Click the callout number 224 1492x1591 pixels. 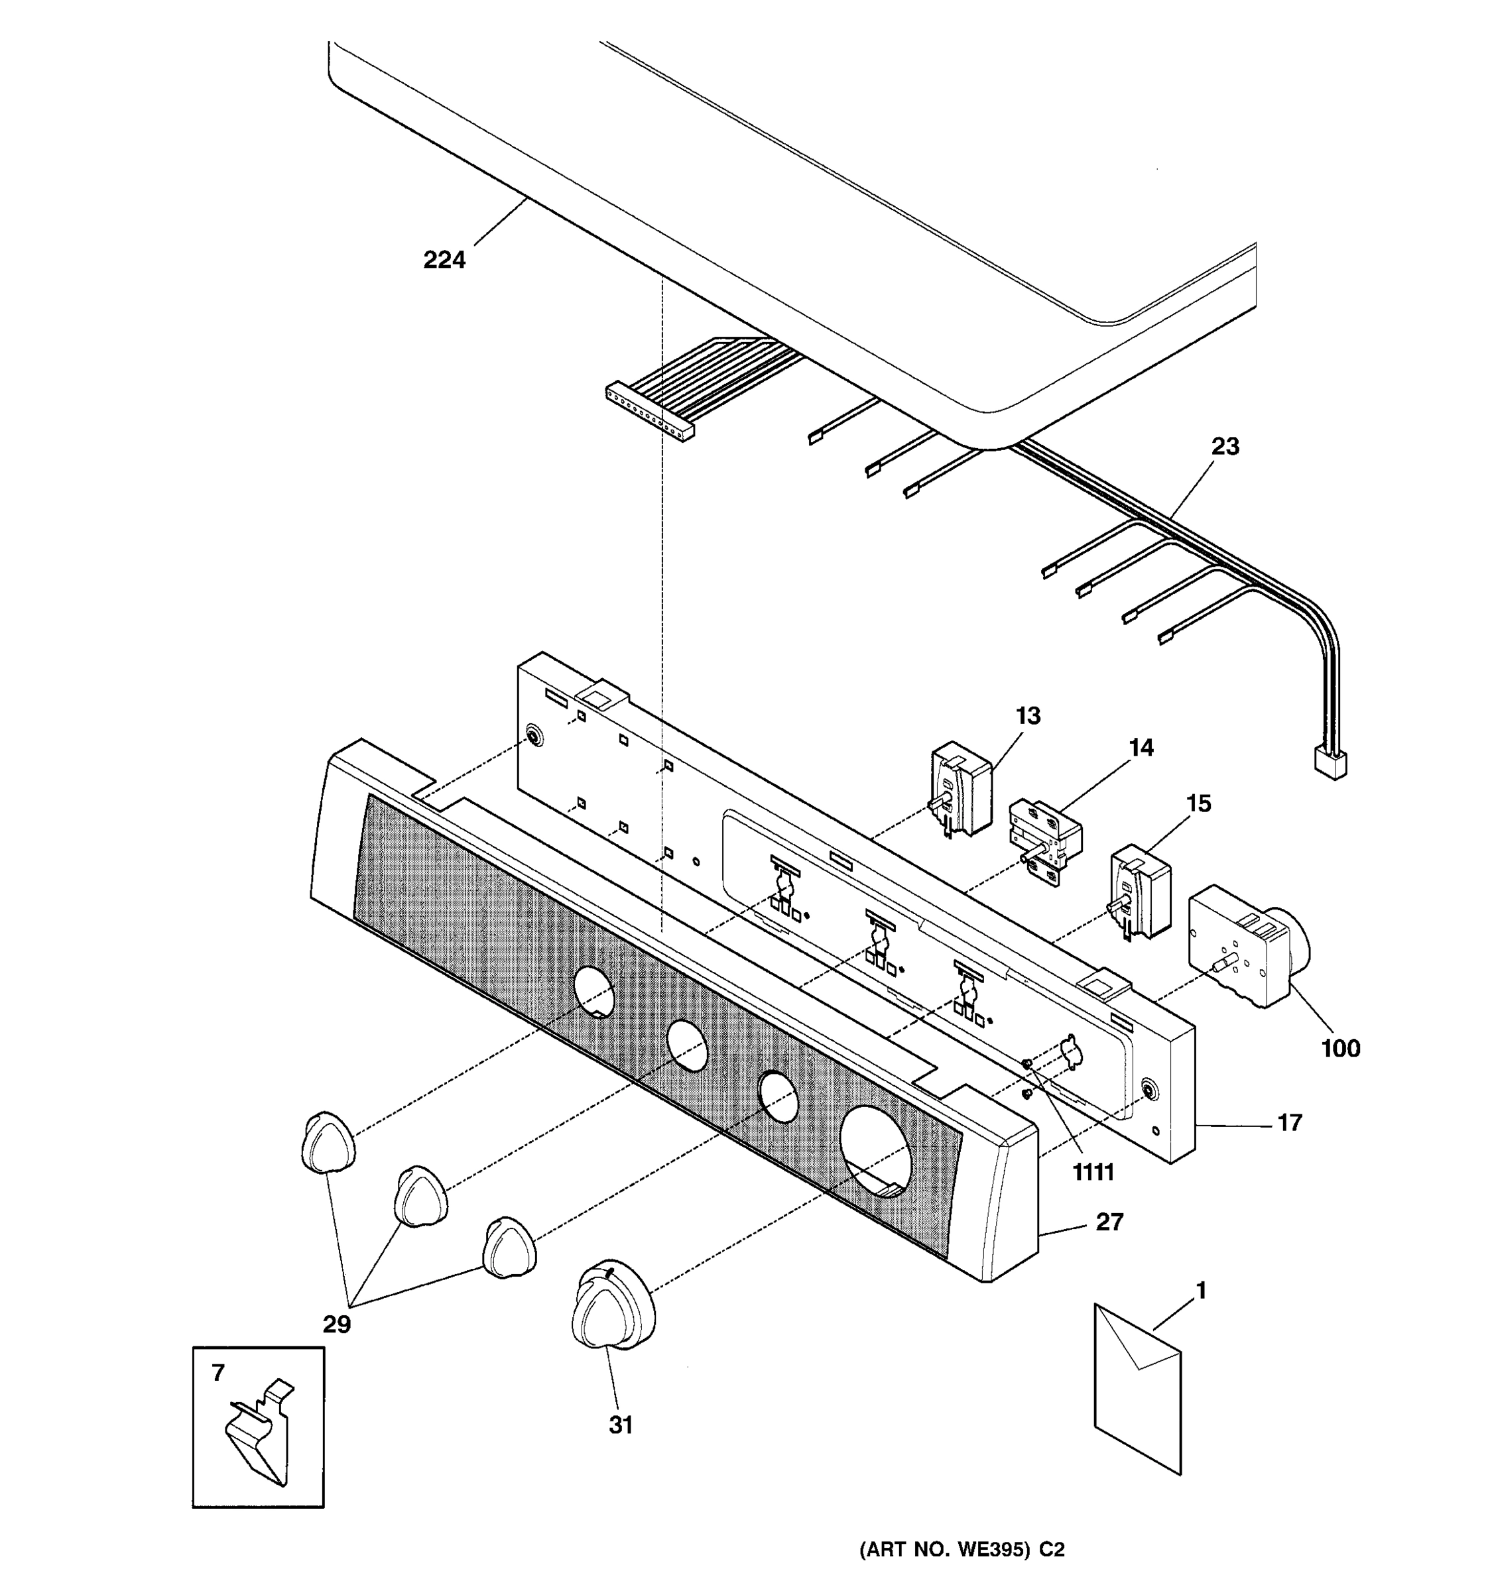(444, 260)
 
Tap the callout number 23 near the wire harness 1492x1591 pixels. (1225, 447)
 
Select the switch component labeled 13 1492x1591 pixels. (960, 788)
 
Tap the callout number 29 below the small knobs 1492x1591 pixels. (336, 1325)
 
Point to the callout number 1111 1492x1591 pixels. (1093, 1173)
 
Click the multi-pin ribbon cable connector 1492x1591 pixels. (649, 412)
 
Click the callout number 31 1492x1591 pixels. (620, 1425)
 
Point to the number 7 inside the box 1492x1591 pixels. (218, 1372)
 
